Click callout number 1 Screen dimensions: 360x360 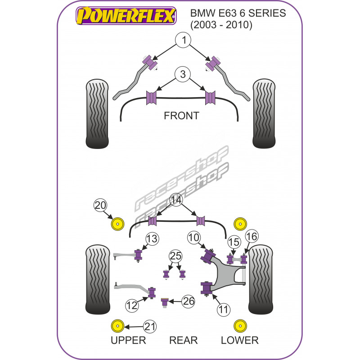184,41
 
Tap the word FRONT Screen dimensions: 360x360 181,116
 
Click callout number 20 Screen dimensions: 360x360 101,206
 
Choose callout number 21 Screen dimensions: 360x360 150,327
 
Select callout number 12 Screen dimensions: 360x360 132,306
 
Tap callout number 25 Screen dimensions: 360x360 175,257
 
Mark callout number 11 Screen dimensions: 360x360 224,309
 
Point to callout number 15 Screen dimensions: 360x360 233,242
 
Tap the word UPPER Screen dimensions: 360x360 129,340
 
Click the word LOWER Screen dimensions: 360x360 239,340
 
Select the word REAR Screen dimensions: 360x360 183,340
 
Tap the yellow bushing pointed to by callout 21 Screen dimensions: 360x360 118,327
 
